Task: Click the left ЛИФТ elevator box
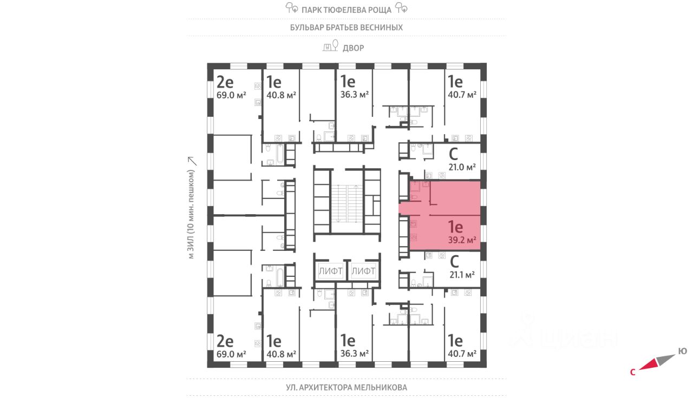coord(330,271)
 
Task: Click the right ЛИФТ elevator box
coord(363,271)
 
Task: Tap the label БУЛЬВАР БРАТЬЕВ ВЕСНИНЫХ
coord(346,27)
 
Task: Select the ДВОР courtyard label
coord(353,48)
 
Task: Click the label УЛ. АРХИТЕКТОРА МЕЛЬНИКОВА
coord(346,388)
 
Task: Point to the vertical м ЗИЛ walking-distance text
coord(191,215)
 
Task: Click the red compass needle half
coord(649,365)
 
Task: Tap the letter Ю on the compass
coord(683,351)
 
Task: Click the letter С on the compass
coord(632,372)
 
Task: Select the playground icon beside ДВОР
coord(328,48)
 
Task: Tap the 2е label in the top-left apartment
coord(225,82)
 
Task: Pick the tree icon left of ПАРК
coord(291,8)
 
